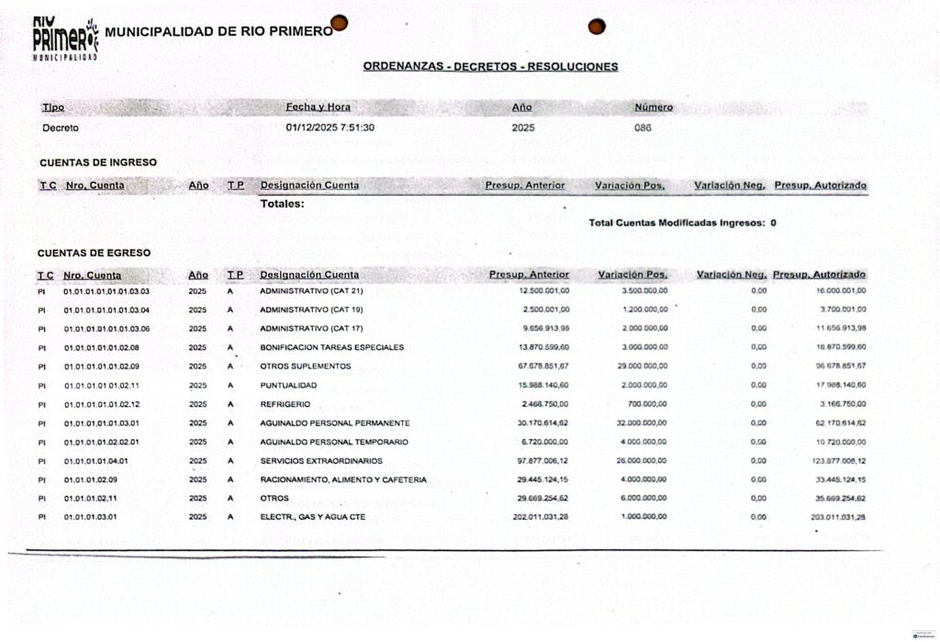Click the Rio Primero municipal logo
pyautogui.click(x=64, y=39)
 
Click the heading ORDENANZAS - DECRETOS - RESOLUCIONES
pyautogui.click(x=490, y=66)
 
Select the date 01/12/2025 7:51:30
pyautogui.click(x=330, y=128)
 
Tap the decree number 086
pyautogui.click(x=643, y=128)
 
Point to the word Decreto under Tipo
pyautogui.click(x=61, y=128)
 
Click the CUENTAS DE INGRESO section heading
pyautogui.click(x=97, y=163)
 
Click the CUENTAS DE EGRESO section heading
pyautogui.click(x=94, y=253)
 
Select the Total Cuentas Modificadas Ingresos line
pyautogui.click(x=682, y=222)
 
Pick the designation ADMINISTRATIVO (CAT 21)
pyautogui.click(x=311, y=291)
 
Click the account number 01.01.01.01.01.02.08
pyautogui.click(x=101, y=347)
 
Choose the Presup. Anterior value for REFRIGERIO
pyautogui.click(x=545, y=404)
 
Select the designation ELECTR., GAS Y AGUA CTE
pyautogui.click(x=312, y=517)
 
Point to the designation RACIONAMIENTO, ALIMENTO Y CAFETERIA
pyautogui.click(x=343, y=479)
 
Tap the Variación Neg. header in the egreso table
pyautogui.click(x=731, y=275)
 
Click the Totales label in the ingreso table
pyautogui.click(x=282, y=204)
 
